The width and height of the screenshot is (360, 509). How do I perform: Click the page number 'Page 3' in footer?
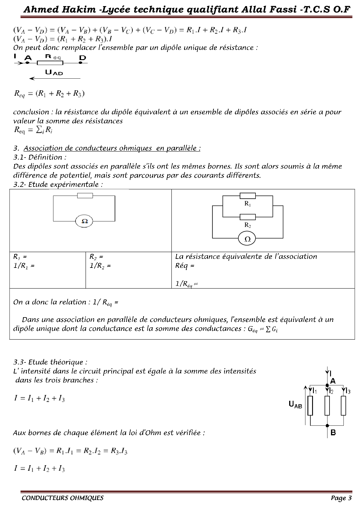[341, 498]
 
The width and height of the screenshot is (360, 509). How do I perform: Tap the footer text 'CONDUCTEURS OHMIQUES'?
[63, 498]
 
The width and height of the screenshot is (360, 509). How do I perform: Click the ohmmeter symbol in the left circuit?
[84, 221]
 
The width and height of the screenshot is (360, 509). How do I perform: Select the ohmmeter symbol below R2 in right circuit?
[248, 239]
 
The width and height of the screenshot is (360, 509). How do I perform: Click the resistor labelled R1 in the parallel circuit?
[248, 196]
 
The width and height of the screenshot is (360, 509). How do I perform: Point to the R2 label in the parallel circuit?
[248, 225]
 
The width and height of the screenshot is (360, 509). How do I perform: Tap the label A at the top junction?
[333, 381]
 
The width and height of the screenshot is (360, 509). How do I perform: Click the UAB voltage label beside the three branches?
[295, 405]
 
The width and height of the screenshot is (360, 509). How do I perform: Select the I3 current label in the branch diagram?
[347, 391]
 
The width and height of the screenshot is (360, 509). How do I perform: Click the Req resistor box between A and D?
[50, 63]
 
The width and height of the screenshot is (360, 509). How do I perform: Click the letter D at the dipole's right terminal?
[83, 58]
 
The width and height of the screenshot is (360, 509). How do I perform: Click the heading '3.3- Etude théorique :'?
[50, 362]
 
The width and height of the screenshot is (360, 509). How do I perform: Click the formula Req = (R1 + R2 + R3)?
[49, 94]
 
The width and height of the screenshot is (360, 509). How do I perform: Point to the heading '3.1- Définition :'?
[40, 157]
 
